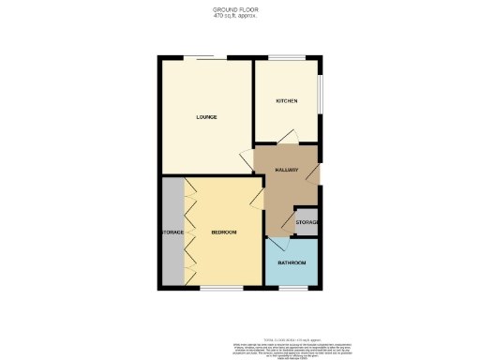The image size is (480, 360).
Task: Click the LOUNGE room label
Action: pyautogui.click(x=206, y=117)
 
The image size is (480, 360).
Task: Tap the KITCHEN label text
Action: pyautogui.click(x=286, y=100)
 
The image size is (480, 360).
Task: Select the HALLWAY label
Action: pyautogui.click(x=286, y=170)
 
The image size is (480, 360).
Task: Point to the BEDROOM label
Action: pyautogui.click(x=223, y=232)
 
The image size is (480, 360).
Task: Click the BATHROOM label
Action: pyautogui.click(x=292, y=262)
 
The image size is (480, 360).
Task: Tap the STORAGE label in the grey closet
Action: pyautogui.click(x=171, y=232)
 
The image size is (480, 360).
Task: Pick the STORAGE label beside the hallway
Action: pyautogui.click(x=307, y=222)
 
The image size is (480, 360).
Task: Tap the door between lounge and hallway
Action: pyautogui.click(x=247, y=159)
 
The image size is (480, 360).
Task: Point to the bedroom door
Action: pyautogui.click(x=256, y=196)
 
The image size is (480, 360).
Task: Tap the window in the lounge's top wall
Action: pyautogui.click(x=203, y=59)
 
